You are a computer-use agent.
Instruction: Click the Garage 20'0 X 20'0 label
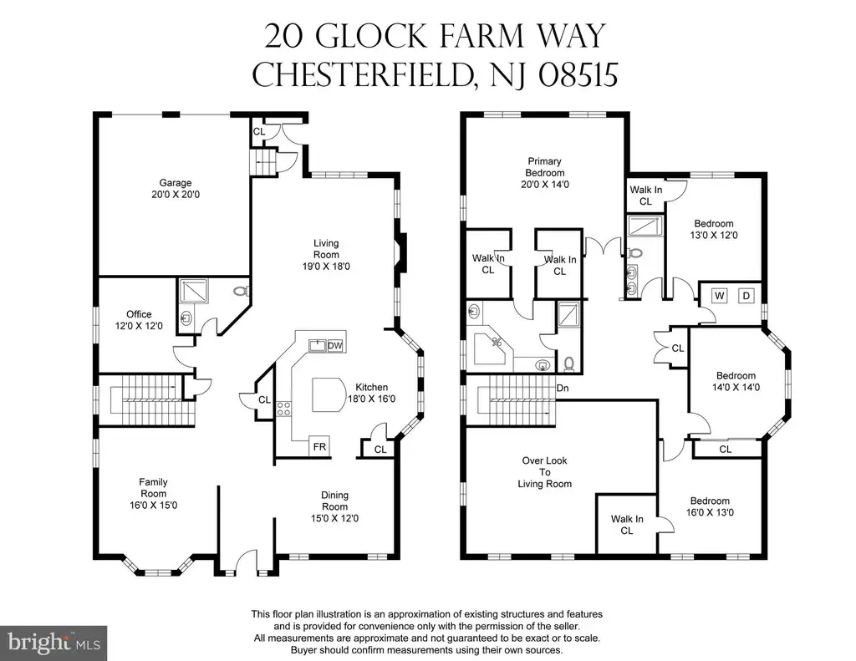(176, 188)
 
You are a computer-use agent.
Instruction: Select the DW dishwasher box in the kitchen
(334, 345)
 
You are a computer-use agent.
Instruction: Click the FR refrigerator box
(319, 446)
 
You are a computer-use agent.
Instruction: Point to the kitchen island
(328, 394)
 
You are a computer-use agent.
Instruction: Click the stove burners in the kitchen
(283, 409)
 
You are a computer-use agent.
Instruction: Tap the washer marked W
(720, 296)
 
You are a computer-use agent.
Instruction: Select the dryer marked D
(746, 296)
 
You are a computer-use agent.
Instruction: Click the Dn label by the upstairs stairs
(563, 388)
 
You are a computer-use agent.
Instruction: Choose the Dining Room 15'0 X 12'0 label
(334, 506)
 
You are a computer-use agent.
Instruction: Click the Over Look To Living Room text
(544, 472)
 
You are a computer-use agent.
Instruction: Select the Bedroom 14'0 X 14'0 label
(736, 382)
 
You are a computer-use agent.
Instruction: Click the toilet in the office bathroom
(242, 292)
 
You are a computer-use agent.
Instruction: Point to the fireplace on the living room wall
(401, 252)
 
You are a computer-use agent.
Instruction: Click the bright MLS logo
(53, 643)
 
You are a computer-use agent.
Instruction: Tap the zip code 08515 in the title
(578, 74)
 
